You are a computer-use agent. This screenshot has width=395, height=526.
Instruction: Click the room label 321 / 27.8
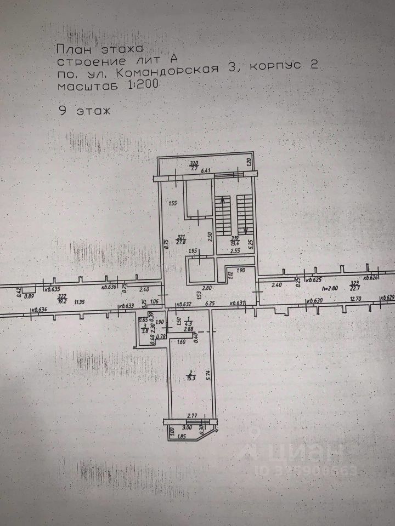pos(179,238)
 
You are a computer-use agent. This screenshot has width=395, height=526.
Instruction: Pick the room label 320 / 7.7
pos(193,165)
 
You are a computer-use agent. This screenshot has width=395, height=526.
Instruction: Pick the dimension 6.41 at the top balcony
pos(206,171)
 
